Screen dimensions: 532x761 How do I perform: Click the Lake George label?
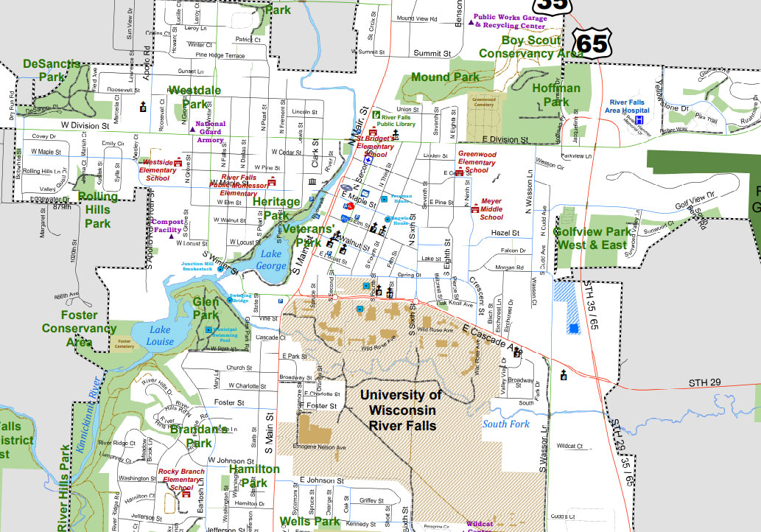click(271, 260)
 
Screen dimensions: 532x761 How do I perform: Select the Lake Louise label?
click(160, 335)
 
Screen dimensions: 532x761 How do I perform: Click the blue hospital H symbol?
click(640, 119)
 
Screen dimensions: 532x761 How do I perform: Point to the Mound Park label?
click(445, 77)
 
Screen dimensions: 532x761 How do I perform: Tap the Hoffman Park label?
click(556, 95)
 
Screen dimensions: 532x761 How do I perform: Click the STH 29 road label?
click(706, 382)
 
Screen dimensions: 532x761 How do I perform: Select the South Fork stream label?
click(506, 424)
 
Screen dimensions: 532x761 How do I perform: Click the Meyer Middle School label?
click(491, 209)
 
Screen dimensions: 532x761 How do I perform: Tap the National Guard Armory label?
click(211, 132)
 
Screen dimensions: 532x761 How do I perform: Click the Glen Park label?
click(206, 308)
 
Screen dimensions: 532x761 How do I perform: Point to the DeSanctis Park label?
click(52, 70)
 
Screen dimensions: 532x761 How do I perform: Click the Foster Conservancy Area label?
click(79, 329)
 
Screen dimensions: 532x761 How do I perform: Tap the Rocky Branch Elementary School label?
click(182, 479)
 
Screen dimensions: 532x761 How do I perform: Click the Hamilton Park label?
click(254, 476)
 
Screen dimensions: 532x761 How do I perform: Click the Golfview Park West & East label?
click(592, 237)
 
